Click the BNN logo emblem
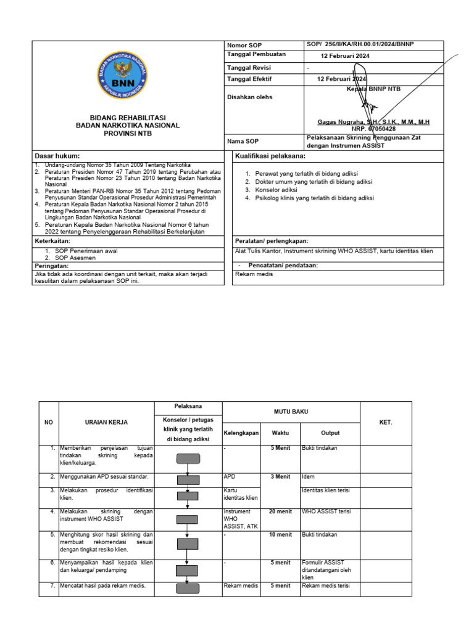(x=123, y=79)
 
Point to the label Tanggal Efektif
(x=249, y=79)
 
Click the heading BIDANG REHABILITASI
(x=128, y=118)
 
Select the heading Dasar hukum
(x=57, y=157)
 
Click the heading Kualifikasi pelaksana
(x=271, y=157)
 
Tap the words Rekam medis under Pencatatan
(x=254, y=274)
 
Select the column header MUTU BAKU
(x=291, y=410)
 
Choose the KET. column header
(x=386, y=422)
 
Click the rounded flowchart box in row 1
(x=188, y=458)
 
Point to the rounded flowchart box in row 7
(x=188, y=588)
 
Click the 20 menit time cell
(x=280, y=511)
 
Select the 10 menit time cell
(x=280, y=534)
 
